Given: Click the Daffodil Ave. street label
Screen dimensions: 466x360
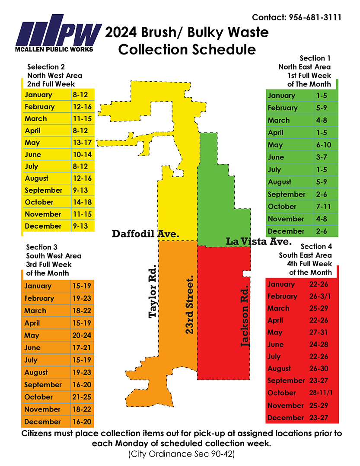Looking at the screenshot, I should click(146, 234).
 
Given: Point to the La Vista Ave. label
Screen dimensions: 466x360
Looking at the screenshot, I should click(259, 241).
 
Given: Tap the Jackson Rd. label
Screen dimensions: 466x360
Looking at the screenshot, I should click(245, 316).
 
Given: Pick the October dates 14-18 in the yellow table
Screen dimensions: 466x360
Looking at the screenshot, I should click(81, 202).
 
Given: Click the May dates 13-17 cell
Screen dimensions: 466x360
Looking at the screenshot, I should click(81, 142).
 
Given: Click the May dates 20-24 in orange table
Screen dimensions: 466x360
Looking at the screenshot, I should click(80, 335).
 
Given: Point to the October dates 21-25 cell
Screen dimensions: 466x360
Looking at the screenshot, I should click(80, 396).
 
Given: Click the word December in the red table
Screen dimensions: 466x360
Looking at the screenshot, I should click(286, 418).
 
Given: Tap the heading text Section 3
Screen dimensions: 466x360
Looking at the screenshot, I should click(41, 247).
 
